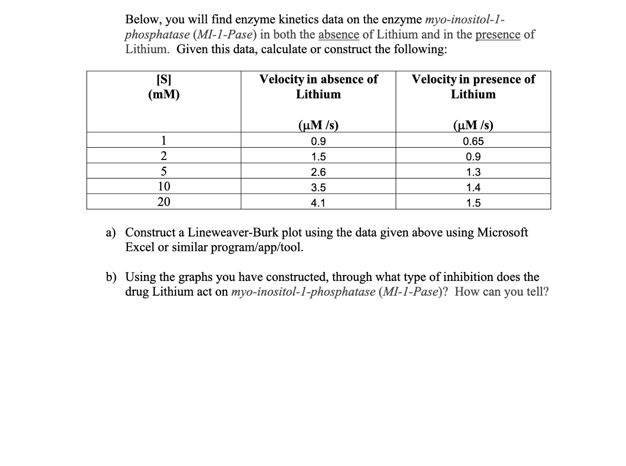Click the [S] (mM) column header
click(x=164, y=87)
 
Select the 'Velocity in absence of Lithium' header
click(x=318, y=87)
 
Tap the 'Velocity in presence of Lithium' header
click(x=473, y=87)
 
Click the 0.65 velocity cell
click(x=473, y=142)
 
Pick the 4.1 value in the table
click(x=318, y=203)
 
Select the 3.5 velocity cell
click(x=318, y=188)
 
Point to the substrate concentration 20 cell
click(x=164, y=202)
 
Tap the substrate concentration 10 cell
click(x=164, y=186)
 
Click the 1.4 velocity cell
click(x=473, y=188)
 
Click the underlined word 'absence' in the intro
click(x=339, y=35)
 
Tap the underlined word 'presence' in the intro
click(x=497, y=35)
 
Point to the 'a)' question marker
click(x=111, y=233)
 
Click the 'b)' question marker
click(x=111, y=277)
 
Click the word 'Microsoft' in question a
click(x=502, y=233)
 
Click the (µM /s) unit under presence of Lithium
click(x=473, y=125)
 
